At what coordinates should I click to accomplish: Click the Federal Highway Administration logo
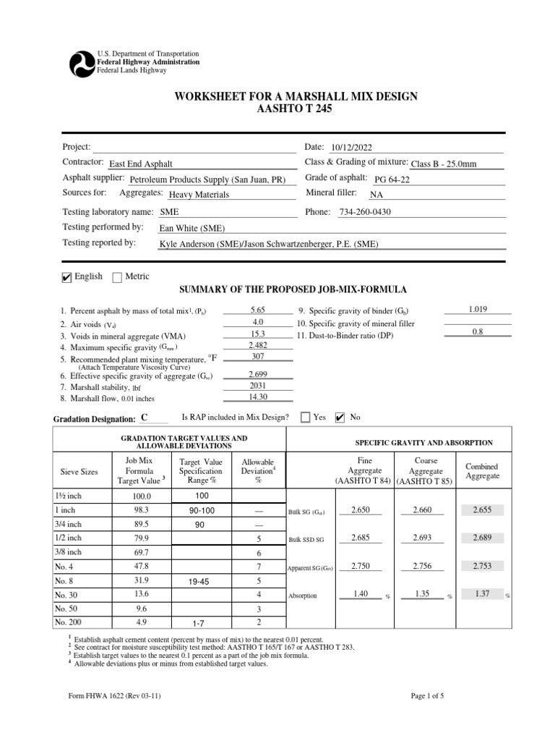tap(81, 63)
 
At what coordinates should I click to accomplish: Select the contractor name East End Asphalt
tap(141, 164)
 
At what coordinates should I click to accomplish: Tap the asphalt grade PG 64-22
tap(392, 179)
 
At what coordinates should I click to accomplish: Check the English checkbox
tap(67, 277)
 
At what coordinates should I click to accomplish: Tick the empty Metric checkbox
tap(117, 277)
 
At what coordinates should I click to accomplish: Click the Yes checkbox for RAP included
tap(305, 417)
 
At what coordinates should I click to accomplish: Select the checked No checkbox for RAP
tap(340, 417)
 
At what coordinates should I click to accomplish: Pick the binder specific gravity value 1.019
tap(478, 309)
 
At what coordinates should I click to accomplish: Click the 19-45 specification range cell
tap(198, 580)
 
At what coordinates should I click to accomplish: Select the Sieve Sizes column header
tap(79, 471)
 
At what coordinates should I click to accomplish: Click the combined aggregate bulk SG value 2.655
tap(482, 510)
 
